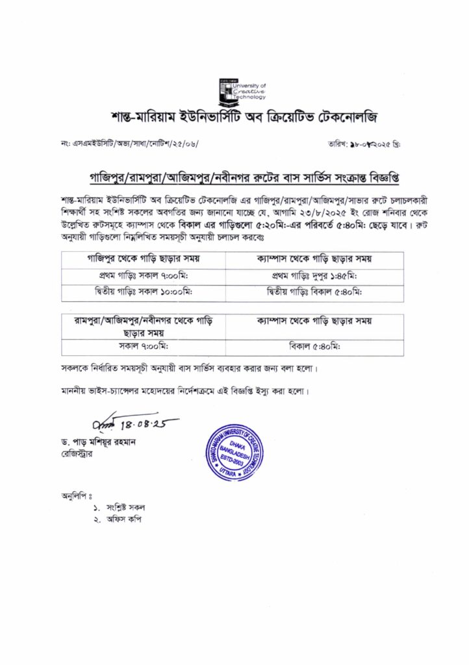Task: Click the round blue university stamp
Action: point(236,447)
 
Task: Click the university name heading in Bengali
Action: point(234,119)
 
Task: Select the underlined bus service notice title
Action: point(234,177)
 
